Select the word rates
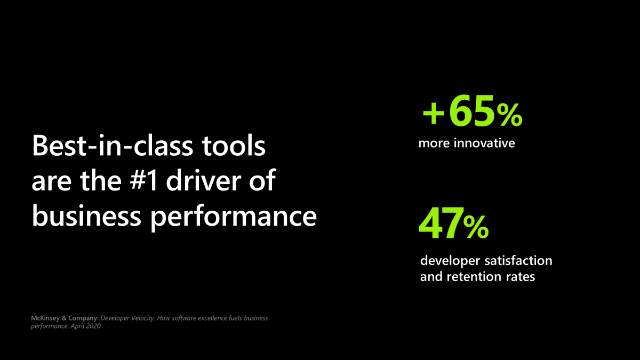pyautogui.click(x=521, y=277)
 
